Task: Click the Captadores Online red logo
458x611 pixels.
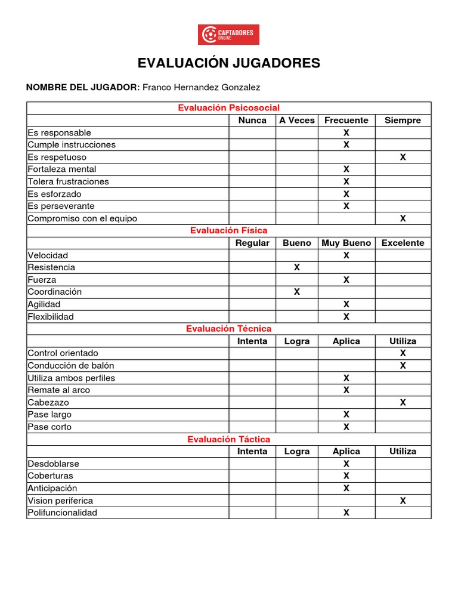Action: pyautogui.click(x=228, y=35)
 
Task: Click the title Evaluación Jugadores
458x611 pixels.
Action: pyautogui.click(x=229, y=63)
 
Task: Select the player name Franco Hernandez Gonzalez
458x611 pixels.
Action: pyautogui.click(x=202, y=87)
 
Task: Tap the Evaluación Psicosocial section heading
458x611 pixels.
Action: pyautogui.click(x=228, y=107)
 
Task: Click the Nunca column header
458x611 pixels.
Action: pyautogui.click(x=252, y=120)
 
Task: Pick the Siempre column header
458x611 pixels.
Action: pyautogui.click(x=403, y=120)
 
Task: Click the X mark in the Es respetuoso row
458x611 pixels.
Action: pyautogui.click(x=403, y=157)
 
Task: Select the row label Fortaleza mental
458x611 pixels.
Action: pyautogui.click(x=62, y=169)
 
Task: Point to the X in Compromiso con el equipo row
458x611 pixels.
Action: pyautogui.click(x=403, y=218)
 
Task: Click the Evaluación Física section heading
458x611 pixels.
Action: pyautogui.click(x=228, y=230)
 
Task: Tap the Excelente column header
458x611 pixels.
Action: pyautogui.click(x=403, y=243)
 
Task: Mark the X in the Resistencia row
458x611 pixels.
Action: pyautogui.click(x=296, y=267)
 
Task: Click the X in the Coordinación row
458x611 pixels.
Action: pyautogui.click(x=296, y=292)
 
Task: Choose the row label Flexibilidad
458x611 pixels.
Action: pyautogui.click(x=51, y=316)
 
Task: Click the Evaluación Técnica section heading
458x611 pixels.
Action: pyautogui.click(x=228, y=329)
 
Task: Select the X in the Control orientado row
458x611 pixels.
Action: pyautogui.click(x=403, y=353)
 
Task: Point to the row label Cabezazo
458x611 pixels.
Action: pyautogui.click(x=48, y=402)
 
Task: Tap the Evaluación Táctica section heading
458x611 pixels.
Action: pyautogui.click(x=228, y=439)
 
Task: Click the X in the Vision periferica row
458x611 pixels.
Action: pyautogui.click(x=403, y=501)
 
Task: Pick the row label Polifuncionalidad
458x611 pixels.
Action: pyautogui.click(x=63, y=513)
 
